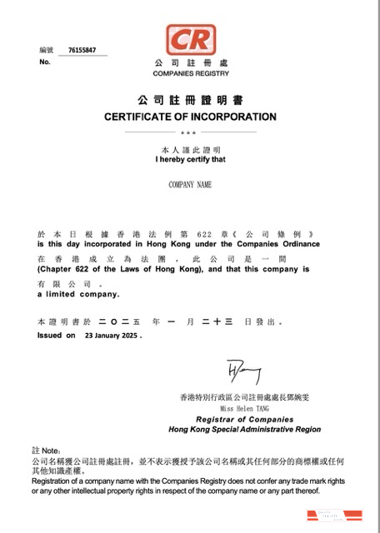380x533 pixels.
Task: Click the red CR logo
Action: point(190,38)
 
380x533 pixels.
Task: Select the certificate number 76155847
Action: point(82,50)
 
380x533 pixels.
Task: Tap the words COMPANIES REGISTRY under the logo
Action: point(190,74)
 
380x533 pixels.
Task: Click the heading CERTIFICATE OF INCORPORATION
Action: point(190,117)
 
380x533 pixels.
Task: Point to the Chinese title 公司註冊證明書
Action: point(190,99)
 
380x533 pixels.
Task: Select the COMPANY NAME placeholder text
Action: point(190,184)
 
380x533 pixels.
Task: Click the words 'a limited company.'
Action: point(78,294)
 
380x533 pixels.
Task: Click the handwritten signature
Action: point(242,372)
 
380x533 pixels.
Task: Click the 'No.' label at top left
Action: point(44,62)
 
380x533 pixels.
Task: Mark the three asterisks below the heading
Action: point(189,132)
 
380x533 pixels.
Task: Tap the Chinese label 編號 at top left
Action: point(46,51)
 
